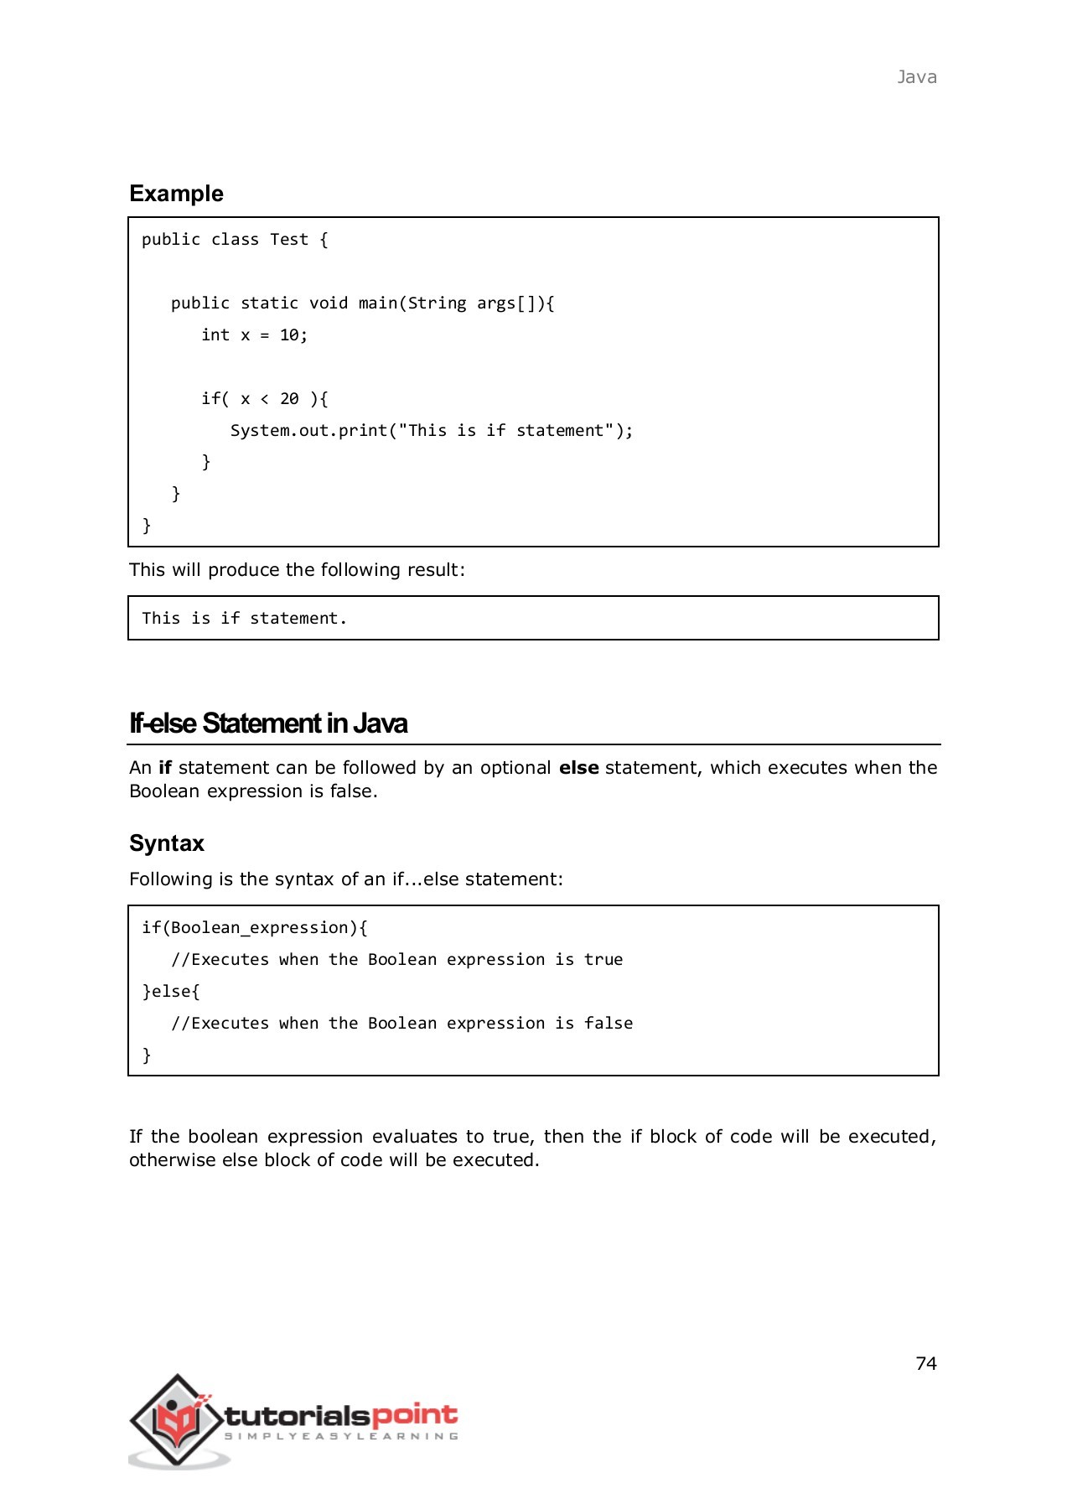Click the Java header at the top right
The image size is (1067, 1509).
click(x=916, y=77)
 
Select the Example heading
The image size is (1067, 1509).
click(x=176, y=194)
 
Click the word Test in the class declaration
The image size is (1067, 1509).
click(x=289, y=240)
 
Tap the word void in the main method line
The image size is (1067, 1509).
click(x=329, y=303)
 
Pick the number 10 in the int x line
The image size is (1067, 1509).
click(x=289, y=335)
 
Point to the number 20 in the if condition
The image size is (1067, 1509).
click(x=289, y=399)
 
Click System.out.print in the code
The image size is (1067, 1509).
click(x=309, y=431)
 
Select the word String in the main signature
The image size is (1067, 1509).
click(x=437, y=303)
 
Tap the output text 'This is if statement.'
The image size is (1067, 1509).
click(x=244, y=619)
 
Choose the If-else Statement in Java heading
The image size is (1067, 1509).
click(x=268, y=723)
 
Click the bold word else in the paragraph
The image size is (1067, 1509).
click(x=578, y=768)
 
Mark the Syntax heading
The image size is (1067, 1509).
click(x=167, y=843)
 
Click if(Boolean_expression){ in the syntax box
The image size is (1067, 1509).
click(x=255, y=928)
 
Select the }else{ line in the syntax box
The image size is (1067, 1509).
click(x=171, y=992)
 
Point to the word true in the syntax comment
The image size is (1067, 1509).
click(x=603, y=960)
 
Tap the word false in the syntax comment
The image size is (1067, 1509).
click(x=609, y=1024)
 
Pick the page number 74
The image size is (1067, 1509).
click(x=926, y=1364)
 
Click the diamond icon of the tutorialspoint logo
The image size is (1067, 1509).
click(x=177, y=1419)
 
